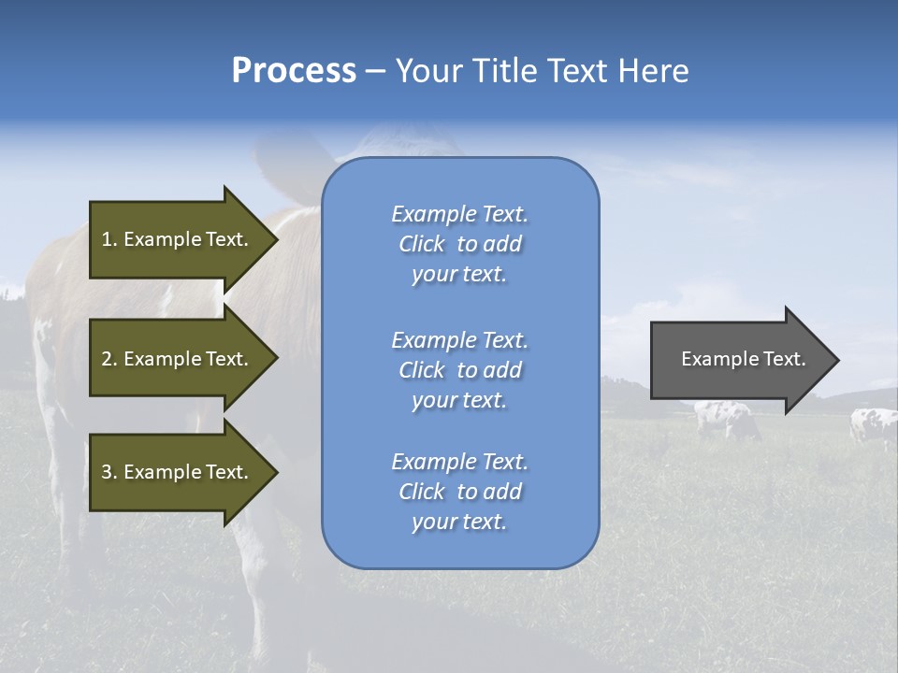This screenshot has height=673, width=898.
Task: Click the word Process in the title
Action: click(294, 71)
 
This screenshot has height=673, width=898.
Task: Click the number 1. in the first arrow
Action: click(109, 239)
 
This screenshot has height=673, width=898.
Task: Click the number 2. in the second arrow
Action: click(109, 359)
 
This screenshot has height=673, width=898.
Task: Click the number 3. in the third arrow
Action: click(109, 472)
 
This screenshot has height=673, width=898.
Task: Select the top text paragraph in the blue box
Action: click(459, 244)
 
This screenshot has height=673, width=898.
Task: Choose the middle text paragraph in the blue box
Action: click(459, 370)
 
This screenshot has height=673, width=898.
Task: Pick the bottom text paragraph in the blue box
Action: click(459, 492)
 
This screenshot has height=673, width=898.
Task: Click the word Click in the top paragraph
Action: click(421, 244)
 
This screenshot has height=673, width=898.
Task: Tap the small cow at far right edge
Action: click(874, 424)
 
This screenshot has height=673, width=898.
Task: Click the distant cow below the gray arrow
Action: click(727, 420)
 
